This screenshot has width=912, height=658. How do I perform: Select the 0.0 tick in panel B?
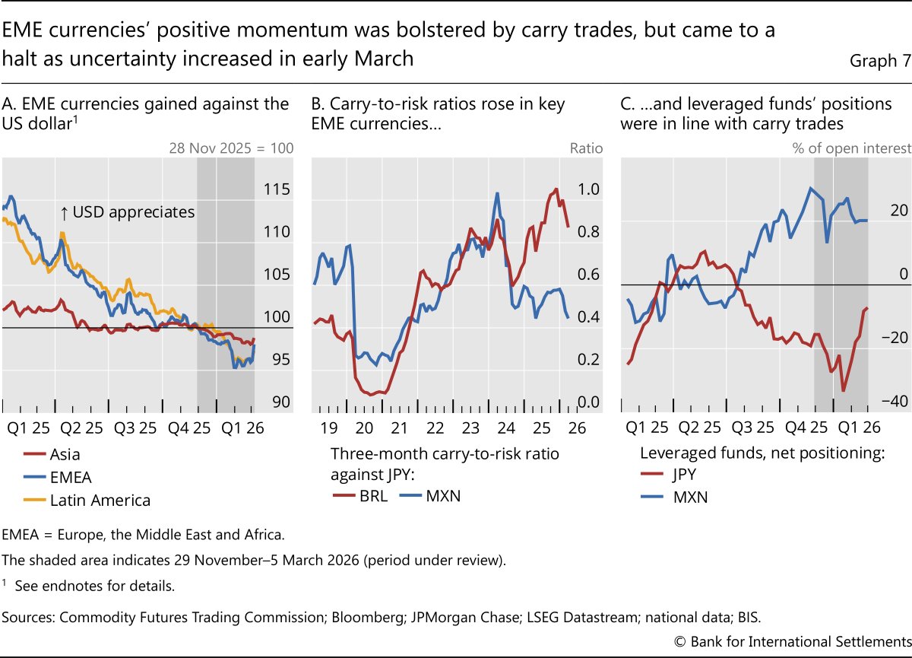[589, 402]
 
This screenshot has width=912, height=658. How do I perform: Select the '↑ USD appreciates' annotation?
[127, 212]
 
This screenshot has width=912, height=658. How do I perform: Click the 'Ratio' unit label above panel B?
[586, 148]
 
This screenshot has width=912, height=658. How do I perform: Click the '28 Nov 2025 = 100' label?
[231, 148]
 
